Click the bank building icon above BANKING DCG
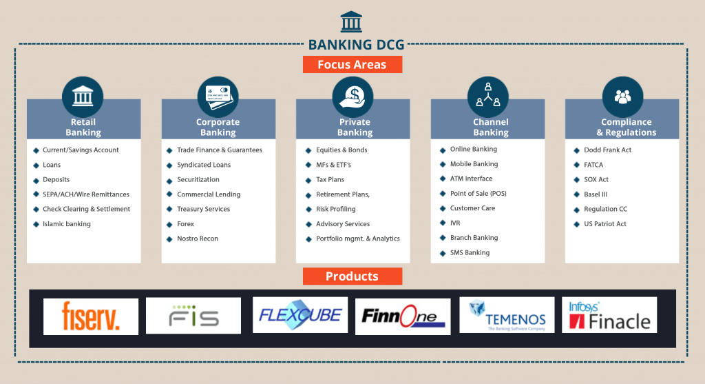point(352,21)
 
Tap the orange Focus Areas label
point(352,65)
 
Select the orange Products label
point(352,276)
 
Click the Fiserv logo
point(91,316)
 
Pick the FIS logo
point(193,316)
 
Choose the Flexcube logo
point(300,315)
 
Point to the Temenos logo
point(507,315)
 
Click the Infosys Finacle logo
point(609,315)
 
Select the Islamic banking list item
point(67,224)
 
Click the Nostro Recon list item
point(198,239)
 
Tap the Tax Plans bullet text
point(330,179)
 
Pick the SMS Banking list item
point(470,252)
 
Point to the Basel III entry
point(596,194)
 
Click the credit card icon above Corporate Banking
point(218,97)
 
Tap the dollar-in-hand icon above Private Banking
point(352,97)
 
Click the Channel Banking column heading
point(491,128)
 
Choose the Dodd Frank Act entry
point(607,150)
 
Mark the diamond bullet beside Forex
point(170,224)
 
